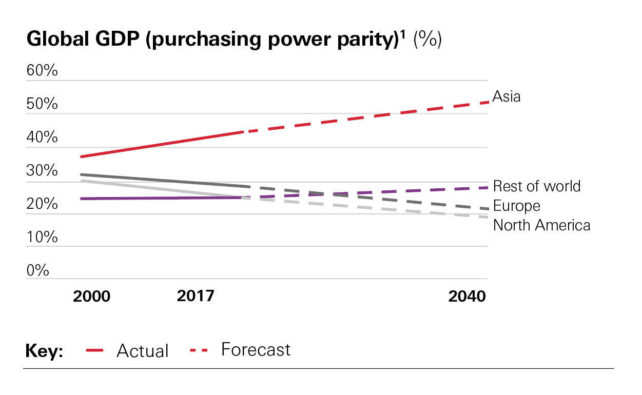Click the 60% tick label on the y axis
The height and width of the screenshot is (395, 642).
[42, 71]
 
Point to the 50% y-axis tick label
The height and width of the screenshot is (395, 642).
[42, 105]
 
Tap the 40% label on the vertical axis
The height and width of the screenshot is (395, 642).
[42, 138]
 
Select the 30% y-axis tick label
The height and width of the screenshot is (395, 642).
[42, 171]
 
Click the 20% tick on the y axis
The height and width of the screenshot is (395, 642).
[42, 204]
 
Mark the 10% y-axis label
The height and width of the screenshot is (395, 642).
[42, 238]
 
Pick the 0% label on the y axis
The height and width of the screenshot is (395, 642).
[38, 270]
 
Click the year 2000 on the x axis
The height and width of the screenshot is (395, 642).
[92, 297]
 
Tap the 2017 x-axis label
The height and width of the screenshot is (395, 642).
[196, 296]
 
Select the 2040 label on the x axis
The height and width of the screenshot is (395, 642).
[467, 297]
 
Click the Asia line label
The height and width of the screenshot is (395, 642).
[507, 96]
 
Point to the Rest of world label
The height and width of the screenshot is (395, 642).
[536, 186]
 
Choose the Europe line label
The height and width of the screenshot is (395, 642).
[516, 206]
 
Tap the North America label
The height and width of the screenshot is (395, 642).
[541, 225]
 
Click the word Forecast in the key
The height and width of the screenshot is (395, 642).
[256, 349]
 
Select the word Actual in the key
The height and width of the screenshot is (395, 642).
[143, 351]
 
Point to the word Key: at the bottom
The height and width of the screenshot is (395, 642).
[44, 351]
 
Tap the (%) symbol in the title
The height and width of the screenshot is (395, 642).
[427, 39]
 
